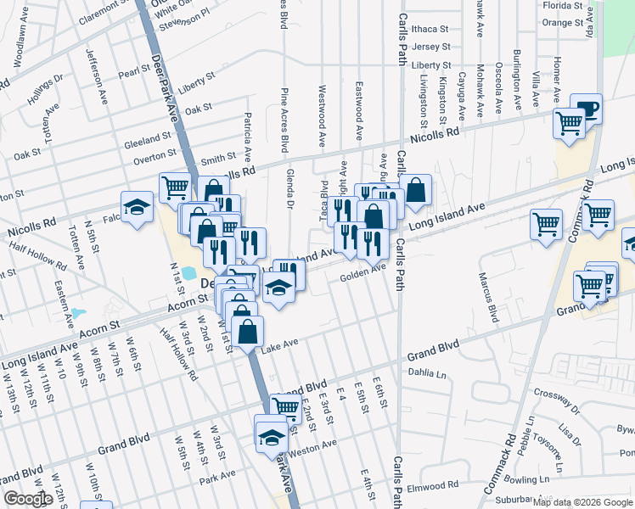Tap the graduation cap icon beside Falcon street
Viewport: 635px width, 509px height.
click(136, 207)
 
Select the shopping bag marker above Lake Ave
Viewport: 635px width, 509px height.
click(247, 330)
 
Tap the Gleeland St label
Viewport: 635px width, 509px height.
click(148, 139)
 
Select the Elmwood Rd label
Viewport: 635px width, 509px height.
click(431, 486)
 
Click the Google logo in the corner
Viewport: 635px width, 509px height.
click(28, 499)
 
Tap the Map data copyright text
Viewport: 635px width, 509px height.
click(582, 502)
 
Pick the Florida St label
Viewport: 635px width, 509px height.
click(563, 5)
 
